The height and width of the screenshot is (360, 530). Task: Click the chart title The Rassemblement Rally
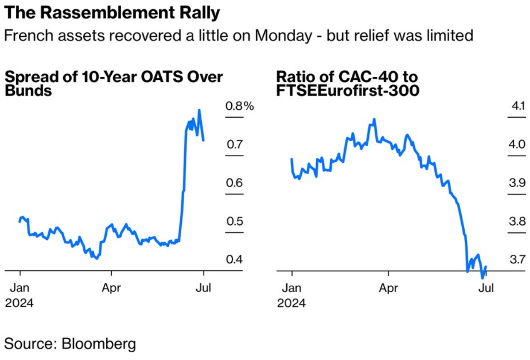(x=112, y=13)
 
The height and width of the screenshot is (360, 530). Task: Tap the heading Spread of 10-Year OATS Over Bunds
(x=114, y=84)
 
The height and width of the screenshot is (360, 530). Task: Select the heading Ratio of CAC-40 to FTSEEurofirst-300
(x=347, y=84)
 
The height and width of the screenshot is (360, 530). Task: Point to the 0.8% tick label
(x=239, y=106)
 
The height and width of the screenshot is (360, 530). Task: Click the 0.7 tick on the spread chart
(x=234, y=145)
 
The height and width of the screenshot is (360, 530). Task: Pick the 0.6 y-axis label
(x=234, y=183)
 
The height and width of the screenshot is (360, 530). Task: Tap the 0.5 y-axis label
(x=234, y=221)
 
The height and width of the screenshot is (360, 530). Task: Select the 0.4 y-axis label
(x=234, y=259)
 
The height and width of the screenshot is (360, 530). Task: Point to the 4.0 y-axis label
(x=517, y=145)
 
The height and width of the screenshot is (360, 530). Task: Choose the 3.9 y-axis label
(x=517, y=183)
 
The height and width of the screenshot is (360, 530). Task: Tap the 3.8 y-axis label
(x=517, y=221)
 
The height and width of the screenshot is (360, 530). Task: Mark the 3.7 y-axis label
(x=517, y=259)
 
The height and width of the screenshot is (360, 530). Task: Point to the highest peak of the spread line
(x=199, y=110)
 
